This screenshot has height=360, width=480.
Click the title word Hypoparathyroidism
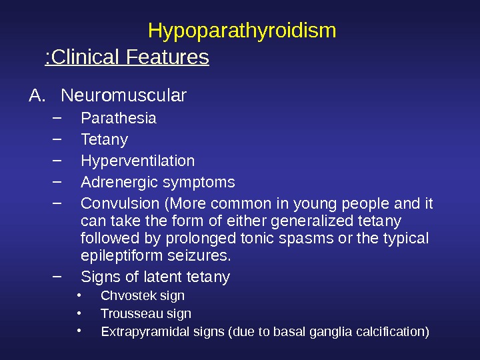(x=241, y=31)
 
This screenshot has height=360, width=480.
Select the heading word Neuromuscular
(x=123, y=97)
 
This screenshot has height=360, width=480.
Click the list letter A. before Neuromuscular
(x=37, y=97)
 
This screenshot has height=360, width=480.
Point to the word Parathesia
(x=118, y=119)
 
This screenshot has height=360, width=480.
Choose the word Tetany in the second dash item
(x=104, y=140)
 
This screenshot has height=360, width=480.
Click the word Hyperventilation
(x=137, y=161)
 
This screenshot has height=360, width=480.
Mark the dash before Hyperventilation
(x=56, y=160)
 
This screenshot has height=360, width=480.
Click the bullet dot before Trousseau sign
(x=79, y=313)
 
